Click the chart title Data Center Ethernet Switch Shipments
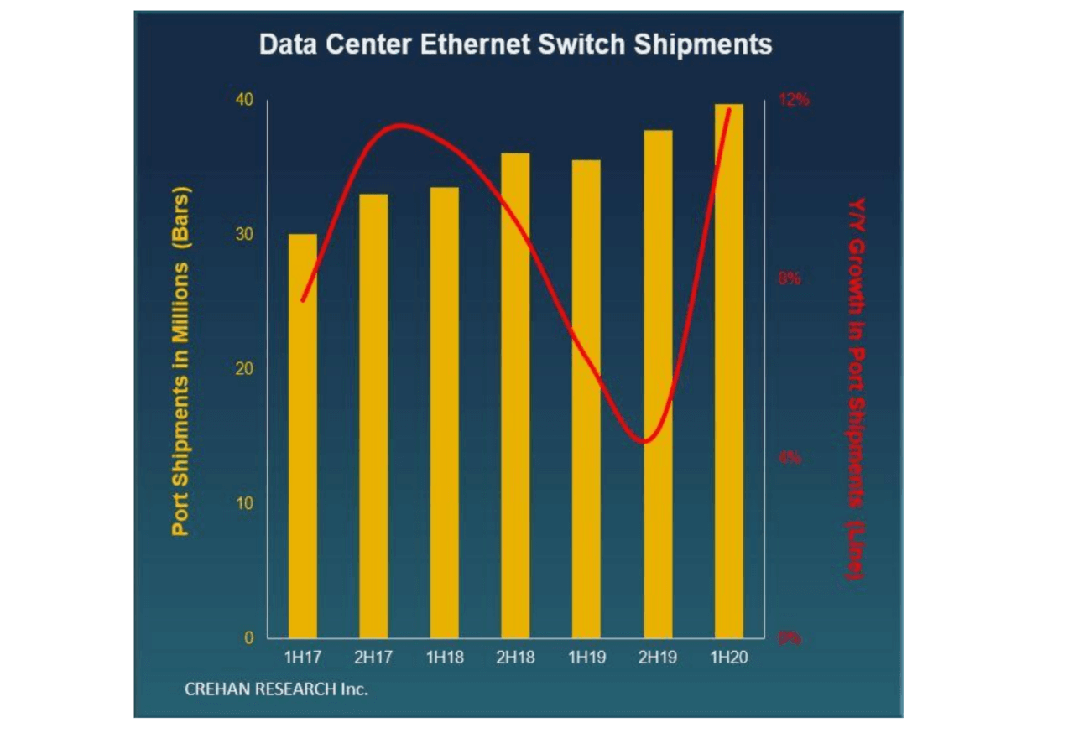(x=515, y=44)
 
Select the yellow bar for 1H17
(x=303, y=436)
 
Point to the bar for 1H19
(x=586, y=399)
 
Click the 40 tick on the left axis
(x=244, y=100)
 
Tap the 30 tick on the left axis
(x=244, y=235)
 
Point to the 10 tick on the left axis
(x=244, y=503)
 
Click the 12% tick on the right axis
(x=794, y=100)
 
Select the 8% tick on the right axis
(x=790, y=279)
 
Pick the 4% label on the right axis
(x=790, y=459)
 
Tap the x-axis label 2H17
(x=373, y=658)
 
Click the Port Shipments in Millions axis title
(x=181, y=361)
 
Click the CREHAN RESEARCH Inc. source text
(x=276, y=690)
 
